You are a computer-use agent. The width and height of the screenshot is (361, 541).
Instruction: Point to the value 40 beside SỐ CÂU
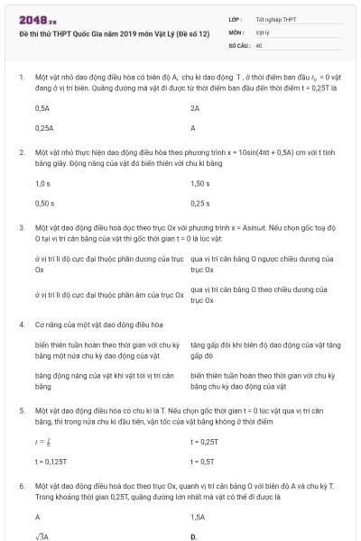tap(259, 44)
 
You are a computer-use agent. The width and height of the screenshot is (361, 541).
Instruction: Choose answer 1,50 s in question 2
tap(200, 183)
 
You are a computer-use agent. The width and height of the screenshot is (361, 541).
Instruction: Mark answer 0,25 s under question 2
tap(200, 204)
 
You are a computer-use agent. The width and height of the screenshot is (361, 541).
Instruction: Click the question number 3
tap(22, 228)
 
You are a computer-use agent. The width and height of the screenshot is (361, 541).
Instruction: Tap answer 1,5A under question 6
tap(198, 518)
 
